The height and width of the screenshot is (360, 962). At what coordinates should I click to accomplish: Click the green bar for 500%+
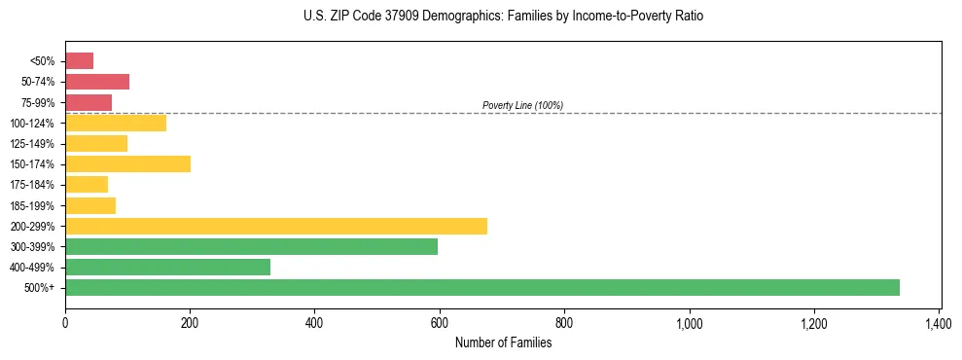point(481,287)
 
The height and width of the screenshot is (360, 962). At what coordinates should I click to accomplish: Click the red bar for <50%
point(79,61)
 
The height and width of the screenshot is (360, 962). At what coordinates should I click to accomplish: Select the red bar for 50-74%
point(97,82)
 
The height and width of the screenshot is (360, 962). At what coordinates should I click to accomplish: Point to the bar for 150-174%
point(127,163)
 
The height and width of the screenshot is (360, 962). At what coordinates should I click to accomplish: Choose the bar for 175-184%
point(87,185)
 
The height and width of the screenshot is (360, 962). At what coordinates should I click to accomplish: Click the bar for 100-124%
point(116,123)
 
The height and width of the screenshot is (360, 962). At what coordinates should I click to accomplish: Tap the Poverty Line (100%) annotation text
point(522,105)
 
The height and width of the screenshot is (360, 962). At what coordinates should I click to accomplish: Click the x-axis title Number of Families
point(503,342)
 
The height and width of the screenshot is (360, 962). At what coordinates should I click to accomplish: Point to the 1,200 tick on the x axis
point(814,321)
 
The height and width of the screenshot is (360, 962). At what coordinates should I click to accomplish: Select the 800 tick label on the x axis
point(564,321)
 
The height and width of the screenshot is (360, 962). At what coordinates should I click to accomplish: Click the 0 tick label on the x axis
point(65,321)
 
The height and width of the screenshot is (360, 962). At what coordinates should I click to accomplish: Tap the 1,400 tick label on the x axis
point(939,321)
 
